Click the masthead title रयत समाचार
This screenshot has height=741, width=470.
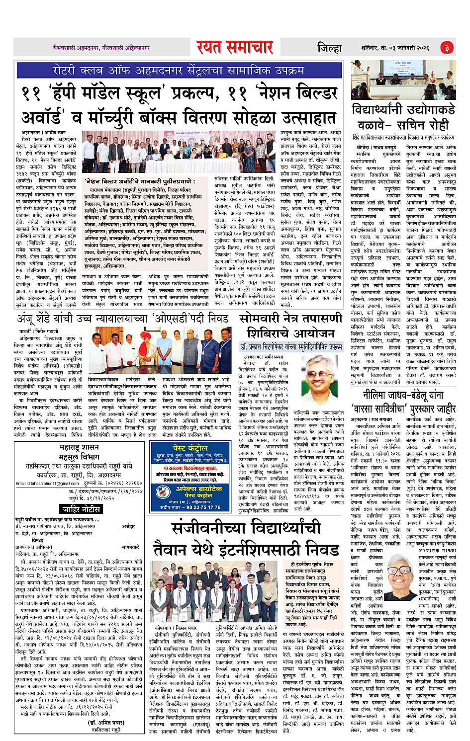point(234,47)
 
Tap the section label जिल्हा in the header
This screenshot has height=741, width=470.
point(329,48)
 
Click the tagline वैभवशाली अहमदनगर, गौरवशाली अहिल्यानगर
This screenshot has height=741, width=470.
point(101,48)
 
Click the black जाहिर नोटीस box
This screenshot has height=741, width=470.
point(81,509)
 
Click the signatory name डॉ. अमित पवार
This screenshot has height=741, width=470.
point(106,723)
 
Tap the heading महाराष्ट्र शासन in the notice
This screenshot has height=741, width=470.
point(80,447)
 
